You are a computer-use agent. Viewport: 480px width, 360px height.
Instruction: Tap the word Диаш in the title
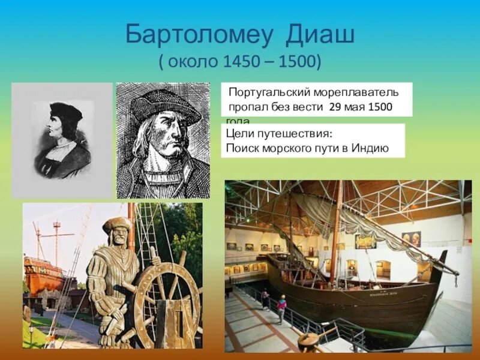coord(319,34)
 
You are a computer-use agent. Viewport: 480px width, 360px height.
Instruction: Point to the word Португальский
coord(268,92)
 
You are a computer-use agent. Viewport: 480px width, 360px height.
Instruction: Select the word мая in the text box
coord(357,107)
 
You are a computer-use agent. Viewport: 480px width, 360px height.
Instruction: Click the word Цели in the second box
coord(238,134)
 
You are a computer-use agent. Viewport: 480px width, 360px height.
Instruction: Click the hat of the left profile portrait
coord(65,110)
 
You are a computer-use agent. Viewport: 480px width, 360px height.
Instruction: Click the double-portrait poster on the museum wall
coord(411,238)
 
